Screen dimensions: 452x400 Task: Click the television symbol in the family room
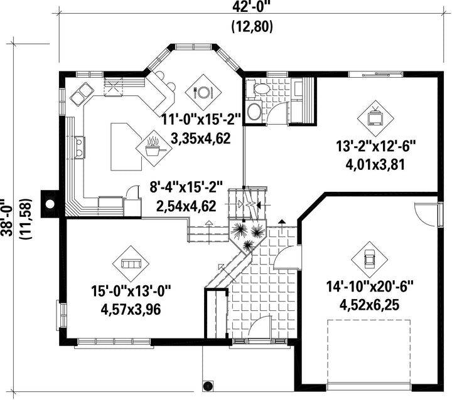(x=375, y=118)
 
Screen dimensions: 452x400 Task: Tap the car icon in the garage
(x=369, y=260)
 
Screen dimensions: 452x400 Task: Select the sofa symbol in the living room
(x=131, y=264)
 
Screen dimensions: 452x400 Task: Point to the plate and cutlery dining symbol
(x=203, y=92)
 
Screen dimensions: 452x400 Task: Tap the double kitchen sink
(x=81, y=93)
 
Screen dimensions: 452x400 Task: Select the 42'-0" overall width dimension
(x=252, y=6)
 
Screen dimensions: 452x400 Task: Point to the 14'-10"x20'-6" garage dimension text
(x=370, y=287)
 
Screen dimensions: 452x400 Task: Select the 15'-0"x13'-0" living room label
(x=131, y=291)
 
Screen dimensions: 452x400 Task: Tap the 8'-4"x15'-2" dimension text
(x=186, y=187)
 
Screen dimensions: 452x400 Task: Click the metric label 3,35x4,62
(x=201, y=139)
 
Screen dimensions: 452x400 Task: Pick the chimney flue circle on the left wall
(x=50, y=204)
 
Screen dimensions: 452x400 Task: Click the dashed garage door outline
(x=369, y=320)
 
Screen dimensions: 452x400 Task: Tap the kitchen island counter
(x=126, y=147)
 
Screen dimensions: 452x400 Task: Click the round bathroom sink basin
(x=254, y=112)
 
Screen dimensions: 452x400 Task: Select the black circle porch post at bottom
(x=208, y=386)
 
